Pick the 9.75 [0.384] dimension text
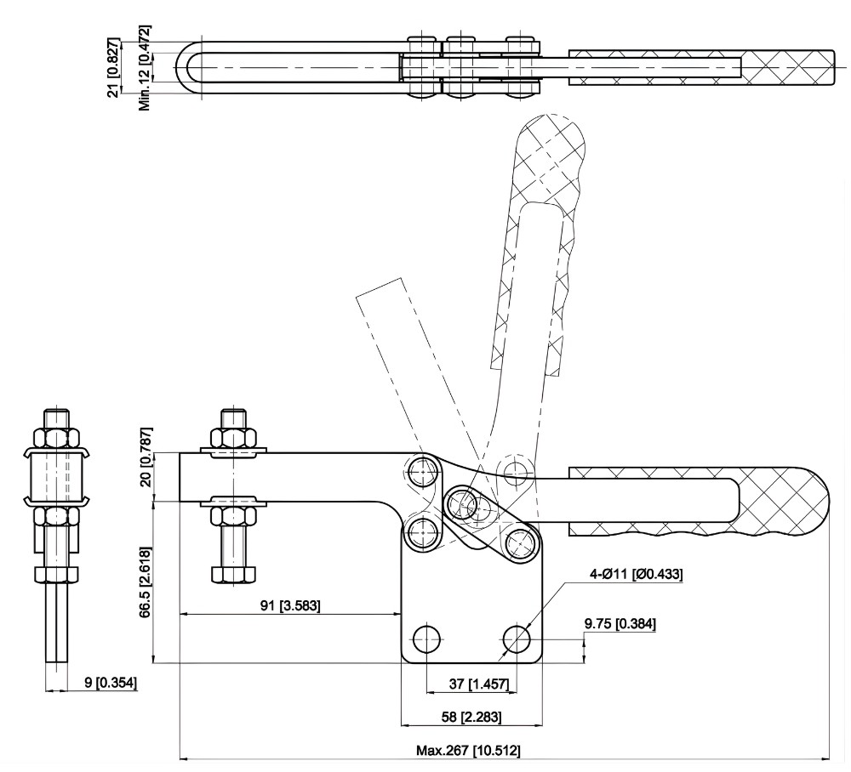click(619, 623)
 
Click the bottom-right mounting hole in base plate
click(517, 638)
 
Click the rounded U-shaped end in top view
click(191, 66)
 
